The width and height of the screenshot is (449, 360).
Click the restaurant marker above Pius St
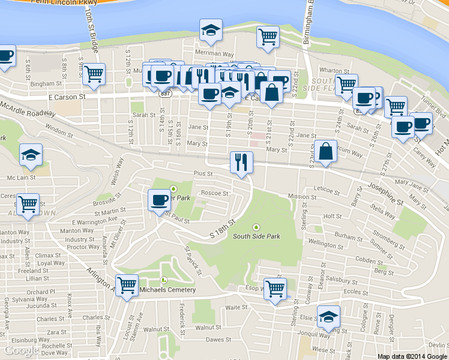(x=241, y=163)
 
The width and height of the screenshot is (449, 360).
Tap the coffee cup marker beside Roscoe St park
(x=159, y=200)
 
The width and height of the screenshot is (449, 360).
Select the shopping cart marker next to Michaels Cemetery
(x=127, y=286)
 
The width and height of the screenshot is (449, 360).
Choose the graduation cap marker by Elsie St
(x=328, y=317)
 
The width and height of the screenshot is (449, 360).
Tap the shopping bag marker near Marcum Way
(x=325, y=152)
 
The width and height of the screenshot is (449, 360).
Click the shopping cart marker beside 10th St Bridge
(x=94, y=74)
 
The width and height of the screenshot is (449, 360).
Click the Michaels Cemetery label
(x=167, y=290)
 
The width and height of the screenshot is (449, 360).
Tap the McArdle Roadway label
(x=28, y=109)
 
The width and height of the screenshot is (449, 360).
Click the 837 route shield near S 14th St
(x=163, y=94)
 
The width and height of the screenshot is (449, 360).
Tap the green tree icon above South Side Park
(x=257, y=227)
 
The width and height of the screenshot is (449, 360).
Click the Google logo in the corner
(x=22, y=350)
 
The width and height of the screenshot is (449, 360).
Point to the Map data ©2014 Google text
(x=412, y=356)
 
